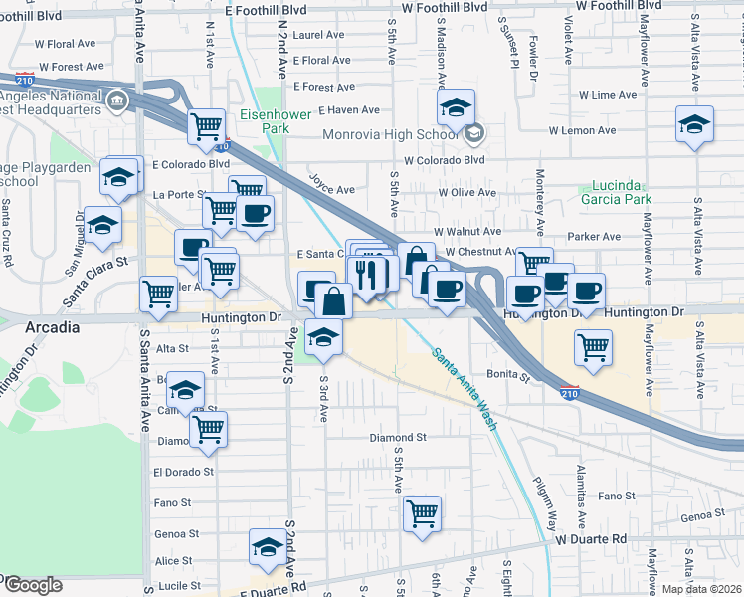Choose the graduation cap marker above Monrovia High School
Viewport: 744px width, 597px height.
pyautogui.click(x=457, y=106)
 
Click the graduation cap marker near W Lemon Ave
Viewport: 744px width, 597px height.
pyautogui.click(x=694, y=123)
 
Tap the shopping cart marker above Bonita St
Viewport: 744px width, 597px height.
pyautogui.click(x=593, y=346)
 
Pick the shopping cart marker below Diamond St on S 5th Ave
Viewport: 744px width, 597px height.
pyautogui.click(x=423, y=512)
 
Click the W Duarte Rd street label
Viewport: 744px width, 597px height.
pyautogui.click(x=591, y=539)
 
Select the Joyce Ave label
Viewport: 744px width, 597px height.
pyautogui.click(x=332, y=189)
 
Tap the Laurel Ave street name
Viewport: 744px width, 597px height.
pyautogui.click(x=319, y=34)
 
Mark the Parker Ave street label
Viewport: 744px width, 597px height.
pyautogui.click(x=594, y=237)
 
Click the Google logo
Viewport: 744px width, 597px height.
pyautogui.click(x=33, y=584)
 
